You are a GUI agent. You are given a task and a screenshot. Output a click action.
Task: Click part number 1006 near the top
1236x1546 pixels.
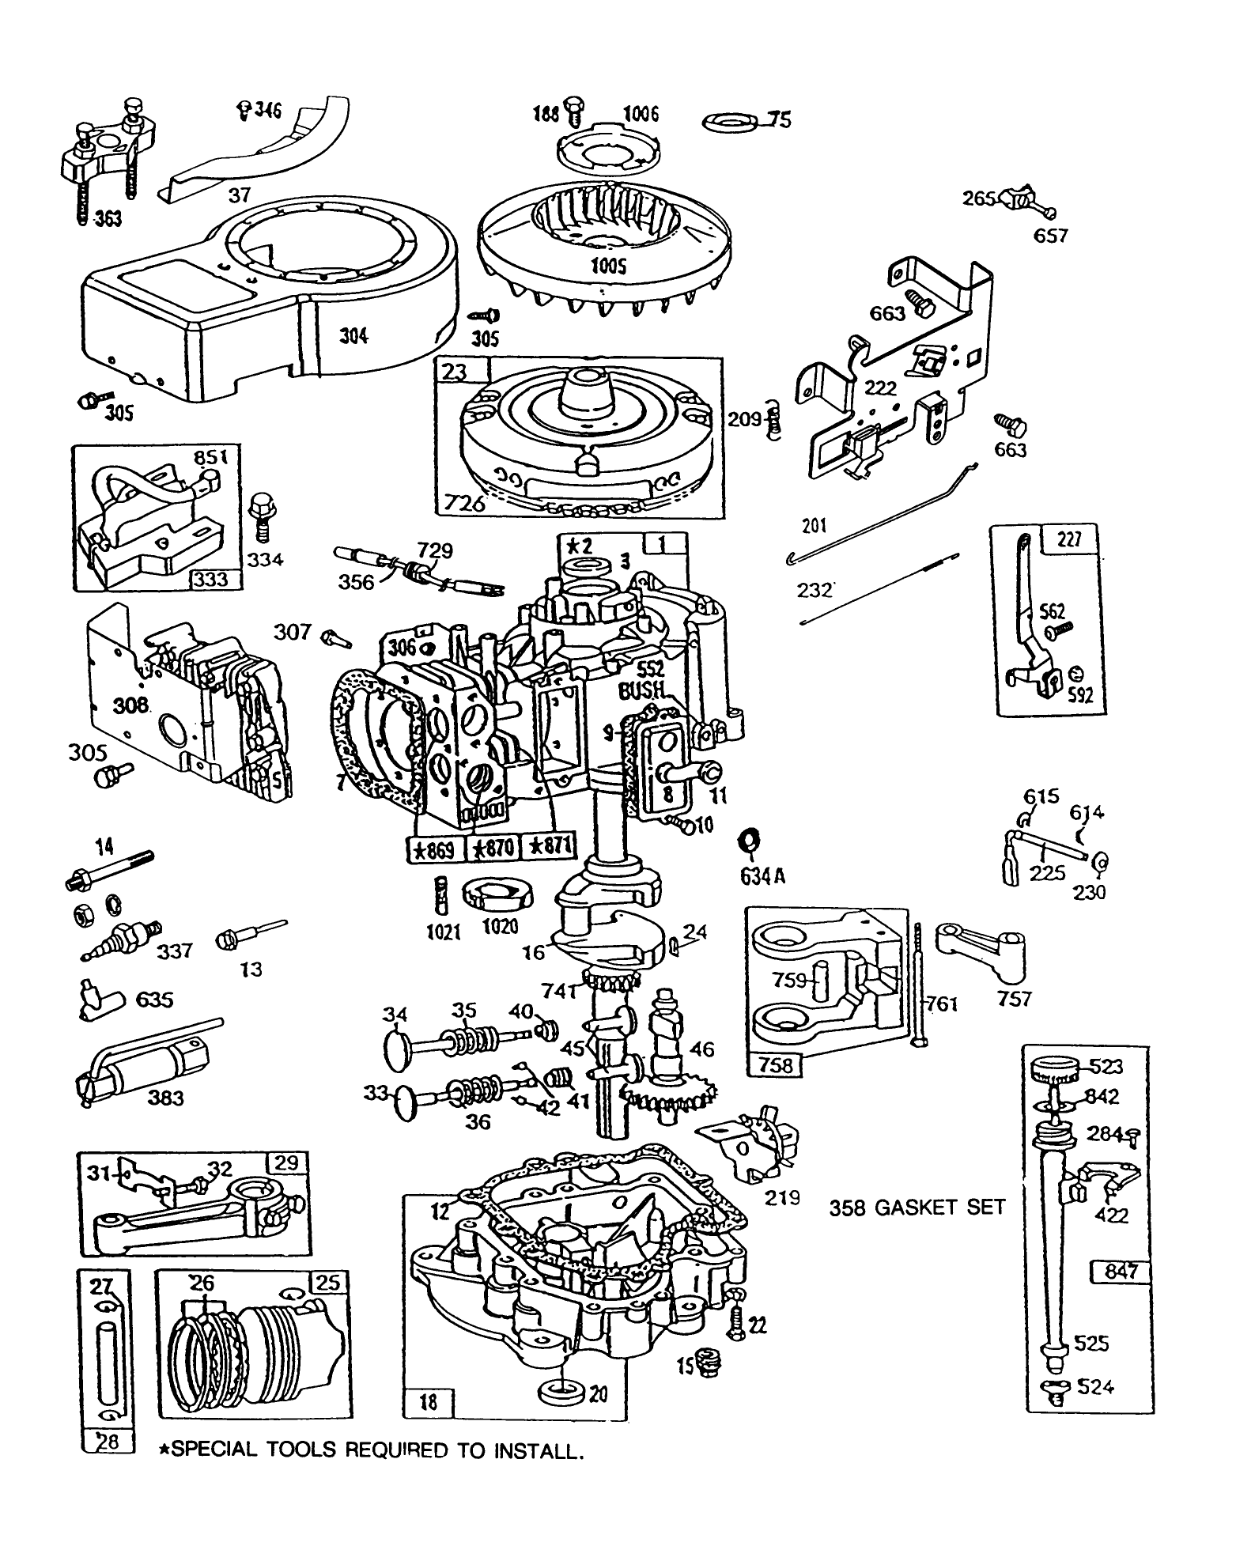pos(640,114)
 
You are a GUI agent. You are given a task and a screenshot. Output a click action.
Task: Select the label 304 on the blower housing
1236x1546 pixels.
pos(353,335)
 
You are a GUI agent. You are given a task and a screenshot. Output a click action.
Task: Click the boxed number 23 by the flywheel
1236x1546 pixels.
pos(454,372)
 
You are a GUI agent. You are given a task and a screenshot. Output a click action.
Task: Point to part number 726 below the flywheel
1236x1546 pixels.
pos(464,503)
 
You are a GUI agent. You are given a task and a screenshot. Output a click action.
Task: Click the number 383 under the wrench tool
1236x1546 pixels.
pos(165,1098)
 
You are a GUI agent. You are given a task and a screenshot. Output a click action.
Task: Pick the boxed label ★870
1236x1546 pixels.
pos(494,849)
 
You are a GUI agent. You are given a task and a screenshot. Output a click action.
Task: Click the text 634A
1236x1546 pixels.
pos(762,876)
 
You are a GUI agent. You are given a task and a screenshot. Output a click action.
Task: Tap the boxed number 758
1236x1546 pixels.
pos(775,1064)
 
